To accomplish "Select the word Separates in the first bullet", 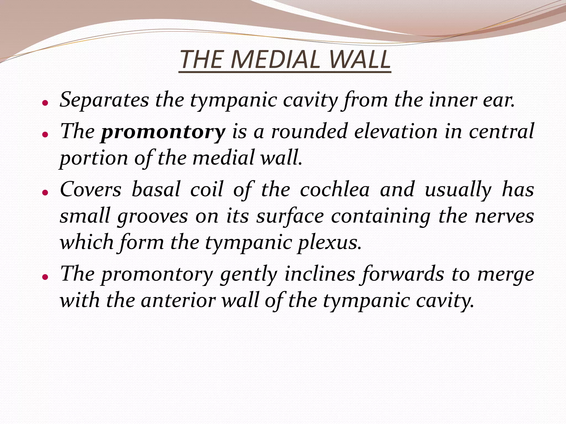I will pos(104,100).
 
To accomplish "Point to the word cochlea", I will pos(335,190).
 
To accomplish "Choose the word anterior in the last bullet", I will pos(178,300).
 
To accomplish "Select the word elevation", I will pos(396,132).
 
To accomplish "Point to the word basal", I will pos(156,190).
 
